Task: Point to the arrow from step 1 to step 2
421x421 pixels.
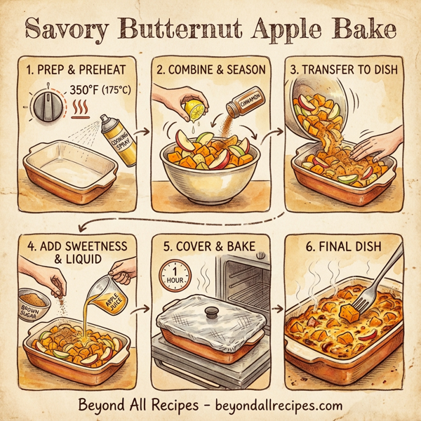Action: click(x=140, y=131)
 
